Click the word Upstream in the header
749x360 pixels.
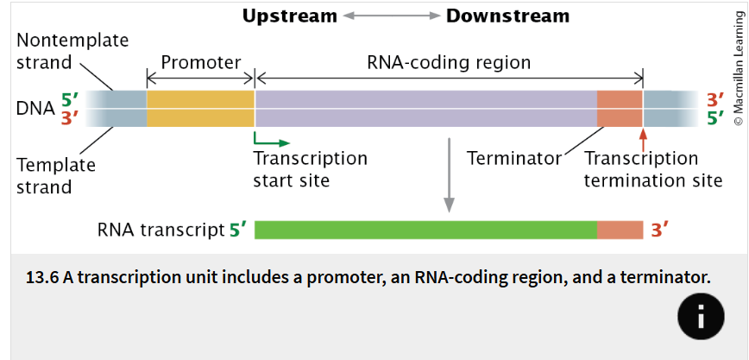click(290, 16)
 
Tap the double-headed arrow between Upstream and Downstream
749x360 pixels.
click(392, 16)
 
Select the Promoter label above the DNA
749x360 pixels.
click(200, 62)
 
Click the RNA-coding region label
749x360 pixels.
click(449, 62)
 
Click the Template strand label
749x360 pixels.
click(57, 174)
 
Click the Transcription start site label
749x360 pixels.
click(310, 169)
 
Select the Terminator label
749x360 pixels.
click(514, 158)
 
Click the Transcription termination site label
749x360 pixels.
click(652, 169)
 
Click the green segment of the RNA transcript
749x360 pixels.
click(425, 230)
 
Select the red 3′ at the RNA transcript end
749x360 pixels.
click(659, 230)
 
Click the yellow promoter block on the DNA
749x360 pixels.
click(200, 109)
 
